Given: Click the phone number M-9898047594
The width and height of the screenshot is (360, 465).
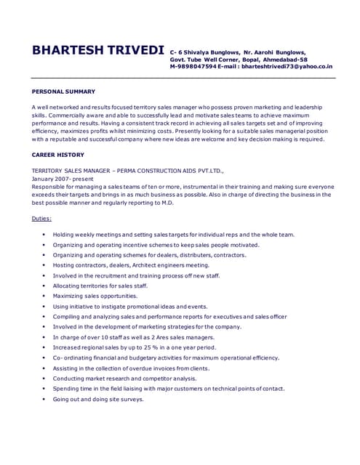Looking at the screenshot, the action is click(x=193, y=66).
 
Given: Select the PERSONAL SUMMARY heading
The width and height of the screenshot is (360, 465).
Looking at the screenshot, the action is click(x=63, y=92).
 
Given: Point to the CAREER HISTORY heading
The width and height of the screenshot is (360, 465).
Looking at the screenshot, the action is click(x=58, y=155).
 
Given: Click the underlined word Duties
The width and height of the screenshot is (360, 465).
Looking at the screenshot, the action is click(x=41, y=218).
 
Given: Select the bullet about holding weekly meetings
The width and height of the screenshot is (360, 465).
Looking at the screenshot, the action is click(x=173, y=235).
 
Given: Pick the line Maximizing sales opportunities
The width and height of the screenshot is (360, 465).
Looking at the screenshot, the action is click(x=95, y=296).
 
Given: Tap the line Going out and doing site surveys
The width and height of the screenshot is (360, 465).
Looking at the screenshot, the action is click(x=98, y=399).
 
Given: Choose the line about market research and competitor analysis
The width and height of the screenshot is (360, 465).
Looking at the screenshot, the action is click(x=124, y=379).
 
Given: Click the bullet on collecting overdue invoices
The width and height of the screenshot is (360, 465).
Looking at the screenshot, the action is click(x=131, y=368).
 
